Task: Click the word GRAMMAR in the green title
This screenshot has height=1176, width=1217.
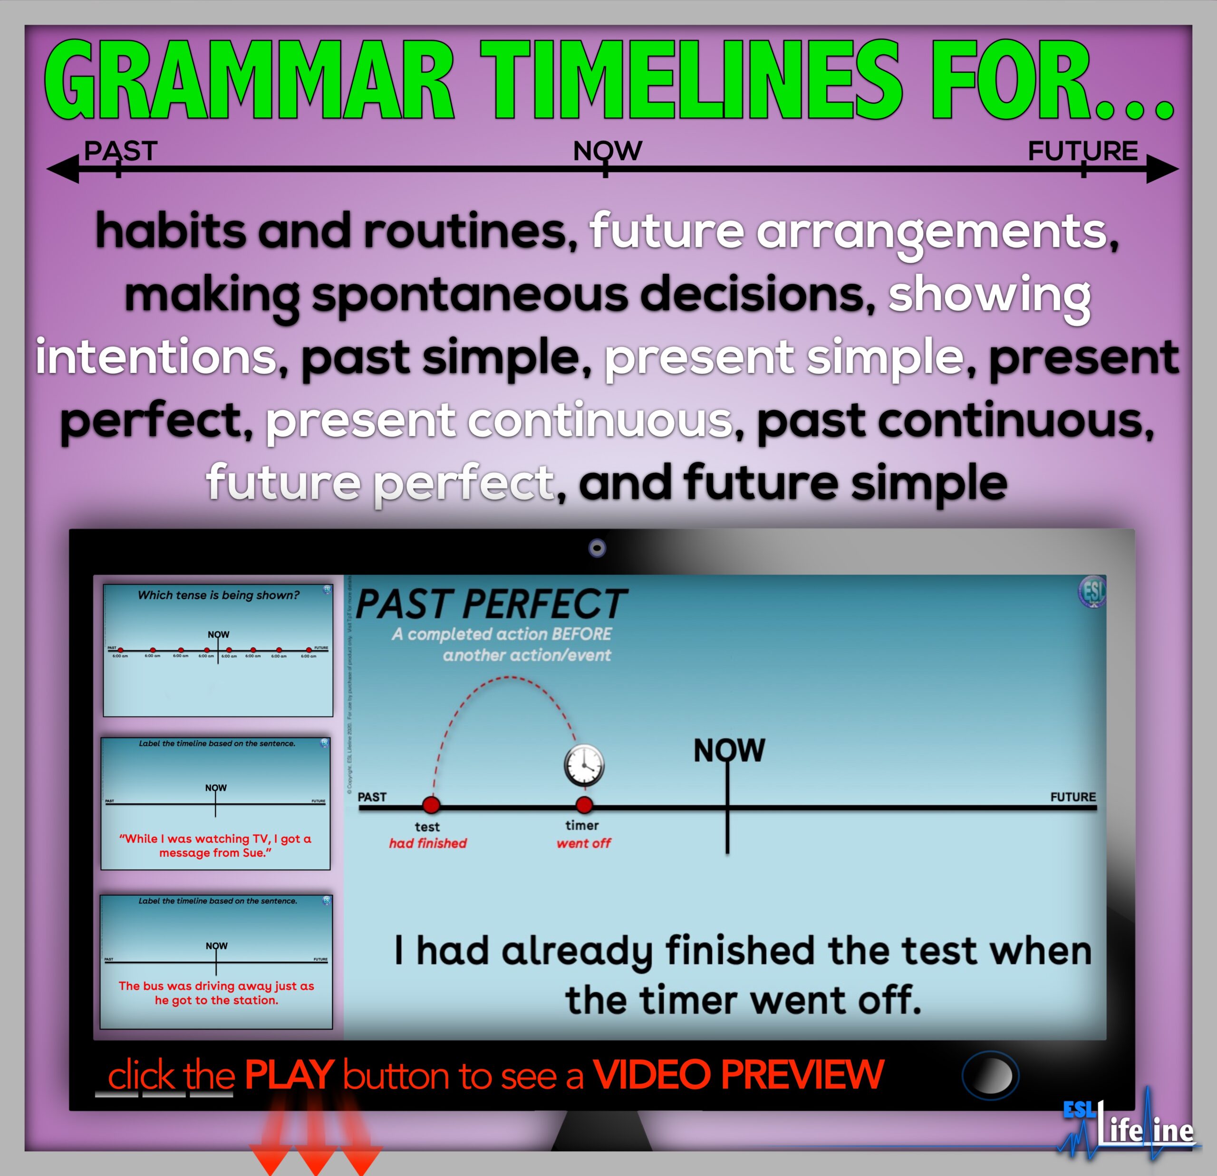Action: click(248, 81)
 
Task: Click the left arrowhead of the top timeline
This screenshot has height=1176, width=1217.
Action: click(63, 169)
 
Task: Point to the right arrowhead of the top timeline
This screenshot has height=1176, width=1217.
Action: click(1161, 169)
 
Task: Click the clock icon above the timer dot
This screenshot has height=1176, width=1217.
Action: click(584, 765)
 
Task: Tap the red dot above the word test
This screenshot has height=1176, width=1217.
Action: click(431, 805)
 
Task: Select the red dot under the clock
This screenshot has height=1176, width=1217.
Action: click(584, 805)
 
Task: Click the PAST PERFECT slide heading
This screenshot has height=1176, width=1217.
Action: click(491, 604)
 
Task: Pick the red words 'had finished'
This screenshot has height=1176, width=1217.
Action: click(428, 843)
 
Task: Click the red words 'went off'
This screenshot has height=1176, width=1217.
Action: click(584, 843)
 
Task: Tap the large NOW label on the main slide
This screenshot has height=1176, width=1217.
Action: click(729, 750)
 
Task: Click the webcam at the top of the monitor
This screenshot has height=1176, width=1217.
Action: click(597, 548)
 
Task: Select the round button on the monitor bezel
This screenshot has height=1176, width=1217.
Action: click(990, 1075)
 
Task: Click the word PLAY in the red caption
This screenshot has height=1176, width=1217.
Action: click(290, 1075)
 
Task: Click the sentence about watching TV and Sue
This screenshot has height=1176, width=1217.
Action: click(215, 845)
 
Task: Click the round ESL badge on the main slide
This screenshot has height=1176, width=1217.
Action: click(1091, 592)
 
